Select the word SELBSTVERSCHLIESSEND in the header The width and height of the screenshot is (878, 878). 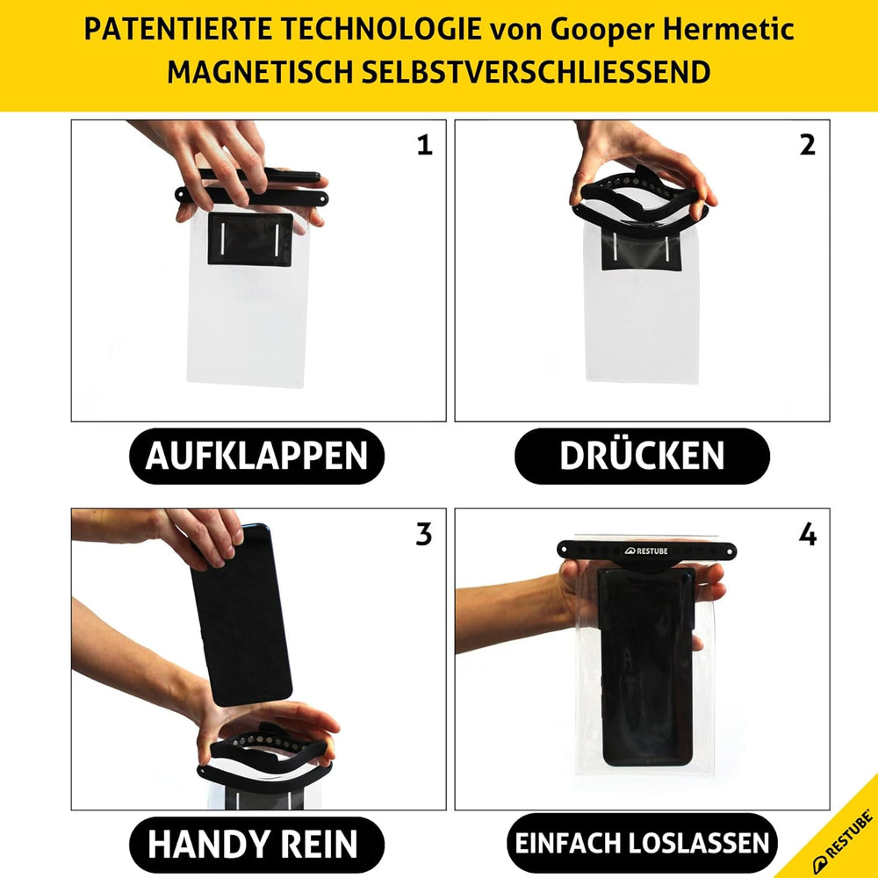pos(536,72)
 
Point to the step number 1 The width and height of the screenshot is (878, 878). pos(425,145)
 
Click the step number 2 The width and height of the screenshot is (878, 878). pos(808,145)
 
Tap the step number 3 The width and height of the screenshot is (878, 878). pos(424,534)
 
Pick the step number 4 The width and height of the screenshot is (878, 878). pos(808,534)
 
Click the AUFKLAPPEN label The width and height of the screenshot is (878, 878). pos(256,456)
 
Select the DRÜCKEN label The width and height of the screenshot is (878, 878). pos(642,456)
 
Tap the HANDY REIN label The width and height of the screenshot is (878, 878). pos(256,844)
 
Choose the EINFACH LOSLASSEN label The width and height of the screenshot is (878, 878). pos(642,843)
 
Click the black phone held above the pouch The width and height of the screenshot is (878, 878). pos(241,616)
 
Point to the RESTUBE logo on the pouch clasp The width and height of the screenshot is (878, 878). pos(646,551)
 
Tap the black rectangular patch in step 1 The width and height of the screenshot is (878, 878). pos(250,239)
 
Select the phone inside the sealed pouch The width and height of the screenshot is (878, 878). pos(647,666)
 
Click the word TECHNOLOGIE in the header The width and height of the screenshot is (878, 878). pos(381,29)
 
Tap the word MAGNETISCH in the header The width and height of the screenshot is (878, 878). pos(260,72)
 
